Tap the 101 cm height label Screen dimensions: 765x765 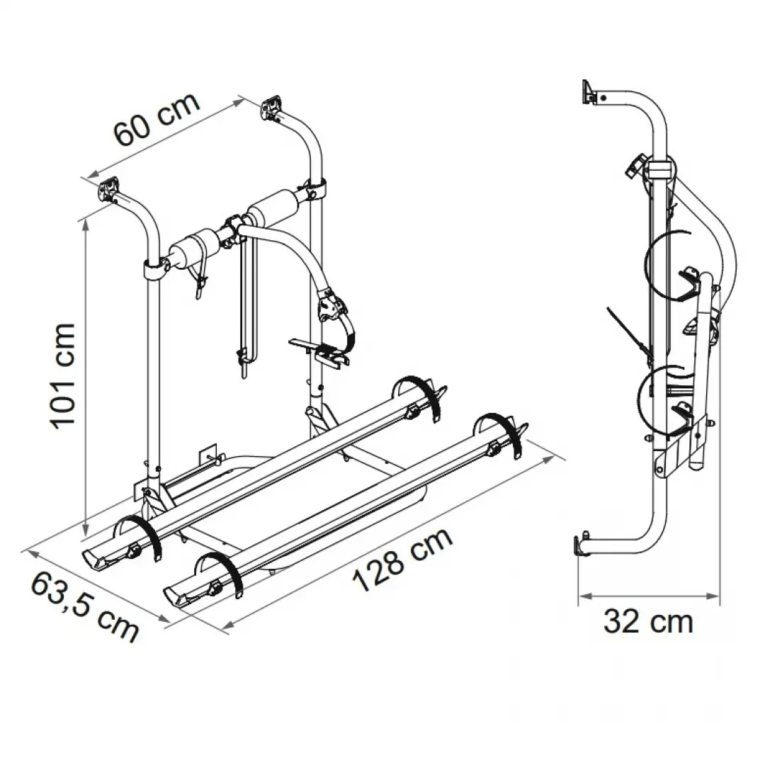click(64, 376)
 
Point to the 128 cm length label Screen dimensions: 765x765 click(402, 560)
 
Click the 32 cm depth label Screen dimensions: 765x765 click(648, 622)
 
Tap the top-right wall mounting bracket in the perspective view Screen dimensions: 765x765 click(272, 108)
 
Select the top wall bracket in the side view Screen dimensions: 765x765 click(589, 92)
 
